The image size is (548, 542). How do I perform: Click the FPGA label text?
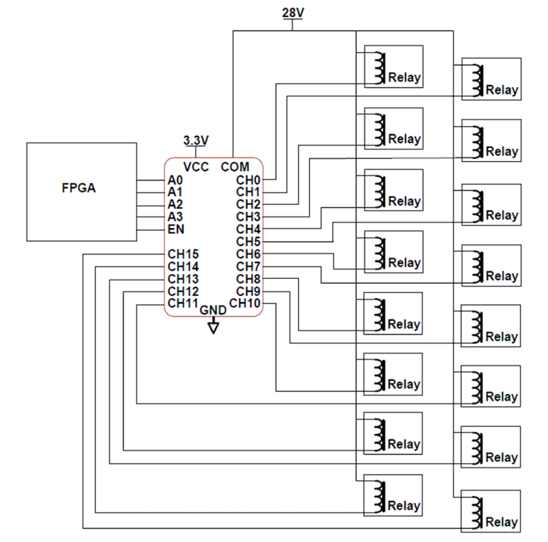pos(79,188)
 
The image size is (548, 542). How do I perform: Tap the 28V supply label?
pos(293,13)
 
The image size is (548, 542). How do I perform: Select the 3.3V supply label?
pos(196,141)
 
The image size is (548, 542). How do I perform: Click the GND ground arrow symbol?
pos(213,326)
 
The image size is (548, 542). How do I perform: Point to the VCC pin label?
pos(196,167)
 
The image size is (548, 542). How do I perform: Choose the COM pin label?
pos(235,167)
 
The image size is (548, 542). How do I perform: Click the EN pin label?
pos(176,229)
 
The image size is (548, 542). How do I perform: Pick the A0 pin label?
pos(175,180)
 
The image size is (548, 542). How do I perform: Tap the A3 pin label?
pos(175,217)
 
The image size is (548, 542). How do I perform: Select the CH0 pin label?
pos(248,180)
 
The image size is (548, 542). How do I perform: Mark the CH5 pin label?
pos(248,242)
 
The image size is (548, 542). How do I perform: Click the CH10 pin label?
pos(245,303)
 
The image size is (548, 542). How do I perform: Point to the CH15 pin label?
pos(183,254)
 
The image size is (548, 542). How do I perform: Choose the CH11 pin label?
pos(183,303)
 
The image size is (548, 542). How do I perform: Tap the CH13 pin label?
pos(183,279)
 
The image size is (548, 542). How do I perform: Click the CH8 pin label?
pos(248,279)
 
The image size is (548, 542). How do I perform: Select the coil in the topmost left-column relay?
pos(380,68)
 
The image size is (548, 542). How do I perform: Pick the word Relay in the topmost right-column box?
pos(502,90)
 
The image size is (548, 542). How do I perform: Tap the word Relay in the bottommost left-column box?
pos(404,506)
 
